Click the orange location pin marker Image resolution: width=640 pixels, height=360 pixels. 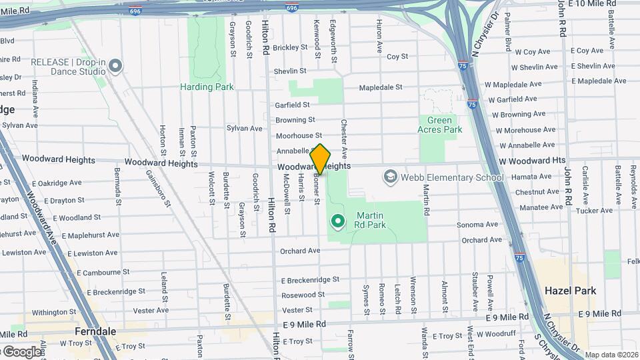321,159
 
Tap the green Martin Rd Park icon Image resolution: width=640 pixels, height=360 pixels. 338,221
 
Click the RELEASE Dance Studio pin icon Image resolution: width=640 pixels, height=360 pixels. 115,65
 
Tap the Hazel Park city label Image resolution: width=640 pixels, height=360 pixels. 570,291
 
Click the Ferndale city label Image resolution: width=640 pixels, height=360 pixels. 77,331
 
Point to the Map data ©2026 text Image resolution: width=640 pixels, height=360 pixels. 611,355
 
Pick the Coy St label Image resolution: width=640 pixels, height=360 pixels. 397,57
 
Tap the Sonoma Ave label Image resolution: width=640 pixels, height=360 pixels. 477,225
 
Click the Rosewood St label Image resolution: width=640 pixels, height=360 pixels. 303,295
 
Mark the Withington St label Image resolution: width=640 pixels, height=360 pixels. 55,312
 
